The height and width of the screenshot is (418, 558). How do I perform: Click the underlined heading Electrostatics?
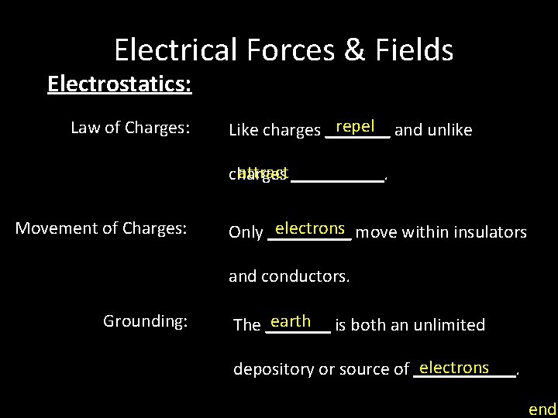[x=119, y=83]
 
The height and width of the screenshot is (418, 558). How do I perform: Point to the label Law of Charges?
[x=130, y=128]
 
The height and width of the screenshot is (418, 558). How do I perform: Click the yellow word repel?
[x=356, y=126]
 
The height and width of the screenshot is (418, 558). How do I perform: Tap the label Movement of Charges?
[x=102, y=228]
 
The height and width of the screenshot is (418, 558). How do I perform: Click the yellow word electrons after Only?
[x=309, y=228]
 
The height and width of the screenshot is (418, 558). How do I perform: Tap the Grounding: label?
[x=145, y=320]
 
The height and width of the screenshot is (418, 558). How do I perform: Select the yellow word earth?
[x=291, y=321]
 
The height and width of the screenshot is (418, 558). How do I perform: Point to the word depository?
[x=274, y=370]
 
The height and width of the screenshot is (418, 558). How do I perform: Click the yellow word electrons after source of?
[x=454, y=368]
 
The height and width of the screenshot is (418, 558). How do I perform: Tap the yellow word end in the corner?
[x=542, y=409]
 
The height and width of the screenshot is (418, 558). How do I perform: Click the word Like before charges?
[x=243, y=130]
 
